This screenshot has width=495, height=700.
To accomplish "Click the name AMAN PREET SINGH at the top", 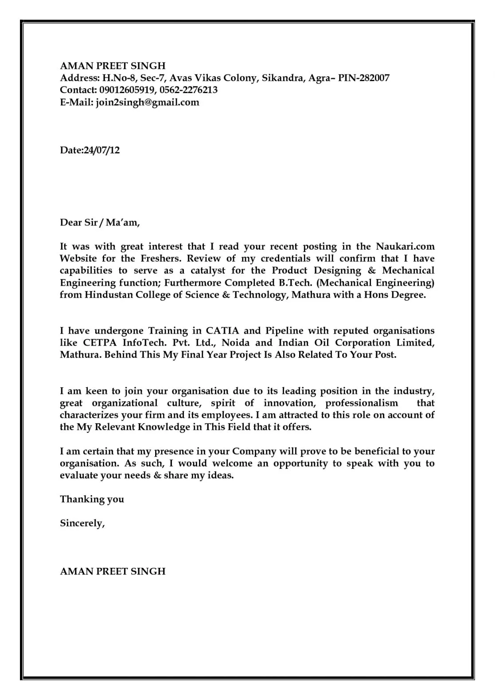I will click(113, 66).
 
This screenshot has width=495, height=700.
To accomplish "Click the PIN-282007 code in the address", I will click(363, 79).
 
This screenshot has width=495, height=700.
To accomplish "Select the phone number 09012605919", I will click(128, 90).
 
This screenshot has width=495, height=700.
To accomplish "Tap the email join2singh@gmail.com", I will click(148, 102).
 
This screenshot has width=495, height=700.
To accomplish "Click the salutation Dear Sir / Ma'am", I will click(100, 223).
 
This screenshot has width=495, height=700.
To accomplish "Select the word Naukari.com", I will click(405, 247).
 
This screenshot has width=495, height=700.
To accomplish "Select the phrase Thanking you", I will click(92, 499).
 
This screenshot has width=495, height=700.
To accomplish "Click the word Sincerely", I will click(82, 523).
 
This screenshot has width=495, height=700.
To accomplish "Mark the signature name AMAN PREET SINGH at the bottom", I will click(113, 571).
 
